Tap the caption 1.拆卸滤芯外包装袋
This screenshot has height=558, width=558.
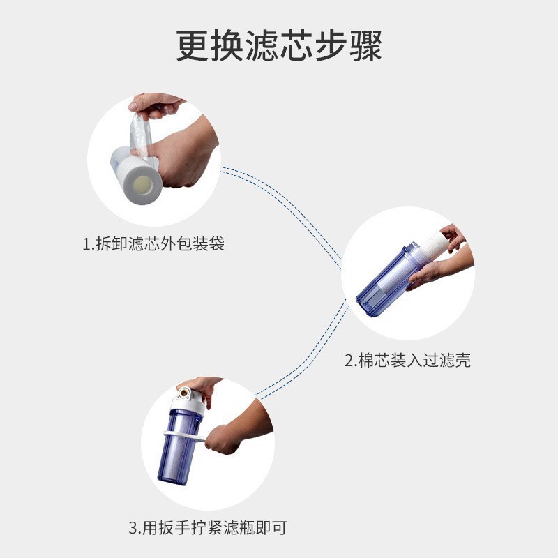click(x=153, y=245)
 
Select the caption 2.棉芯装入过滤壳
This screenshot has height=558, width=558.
click(x=407, y=361)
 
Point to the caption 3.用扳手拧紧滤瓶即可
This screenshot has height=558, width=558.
click(x=207, y=527)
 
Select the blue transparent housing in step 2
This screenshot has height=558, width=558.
click(x=384, y=286)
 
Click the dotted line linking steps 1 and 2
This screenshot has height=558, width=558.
click(x=293, y=209)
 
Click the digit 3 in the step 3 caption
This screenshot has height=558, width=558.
click(x=133, y=528)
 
